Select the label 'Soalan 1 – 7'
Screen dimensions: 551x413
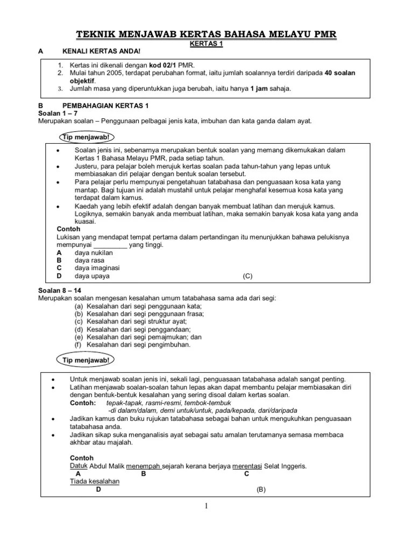click(x=57, y=114)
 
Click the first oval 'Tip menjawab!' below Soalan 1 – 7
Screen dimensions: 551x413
click(x=84, y=137)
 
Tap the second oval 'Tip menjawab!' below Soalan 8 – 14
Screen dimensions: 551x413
click(x=84, y=359)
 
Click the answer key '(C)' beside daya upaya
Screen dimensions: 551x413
click(x=247, y=276)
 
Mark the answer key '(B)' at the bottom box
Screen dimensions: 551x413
click(x=261, y=490)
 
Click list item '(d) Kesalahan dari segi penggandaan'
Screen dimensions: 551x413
click(x=133, y=329)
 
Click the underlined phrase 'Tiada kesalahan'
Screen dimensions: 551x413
click(x=95, y=481)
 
